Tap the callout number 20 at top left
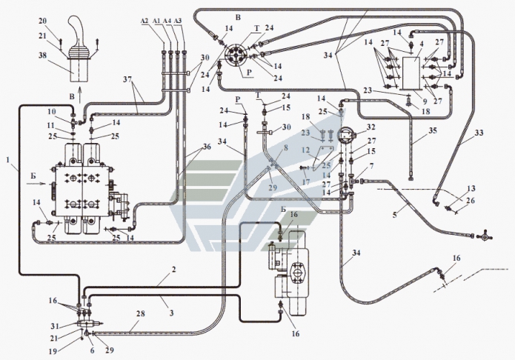coord(42,19)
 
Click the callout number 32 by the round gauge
coord(371,127)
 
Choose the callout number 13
coord(471,190)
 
